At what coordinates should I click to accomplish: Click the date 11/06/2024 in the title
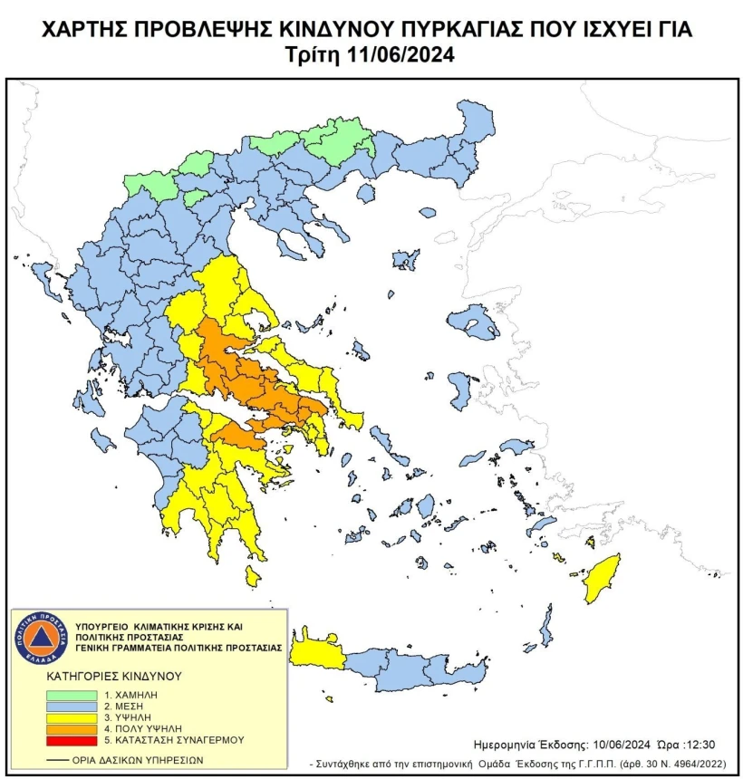coord(401,53)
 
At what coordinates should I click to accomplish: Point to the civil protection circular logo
coord(40,637)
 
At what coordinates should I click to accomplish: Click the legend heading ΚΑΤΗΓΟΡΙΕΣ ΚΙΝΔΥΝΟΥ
coord(114,676)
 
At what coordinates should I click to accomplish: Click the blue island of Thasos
coord(366,193)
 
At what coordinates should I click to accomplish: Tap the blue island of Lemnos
coord(405,260)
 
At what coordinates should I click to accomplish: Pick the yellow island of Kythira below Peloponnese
coord(253,576)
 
